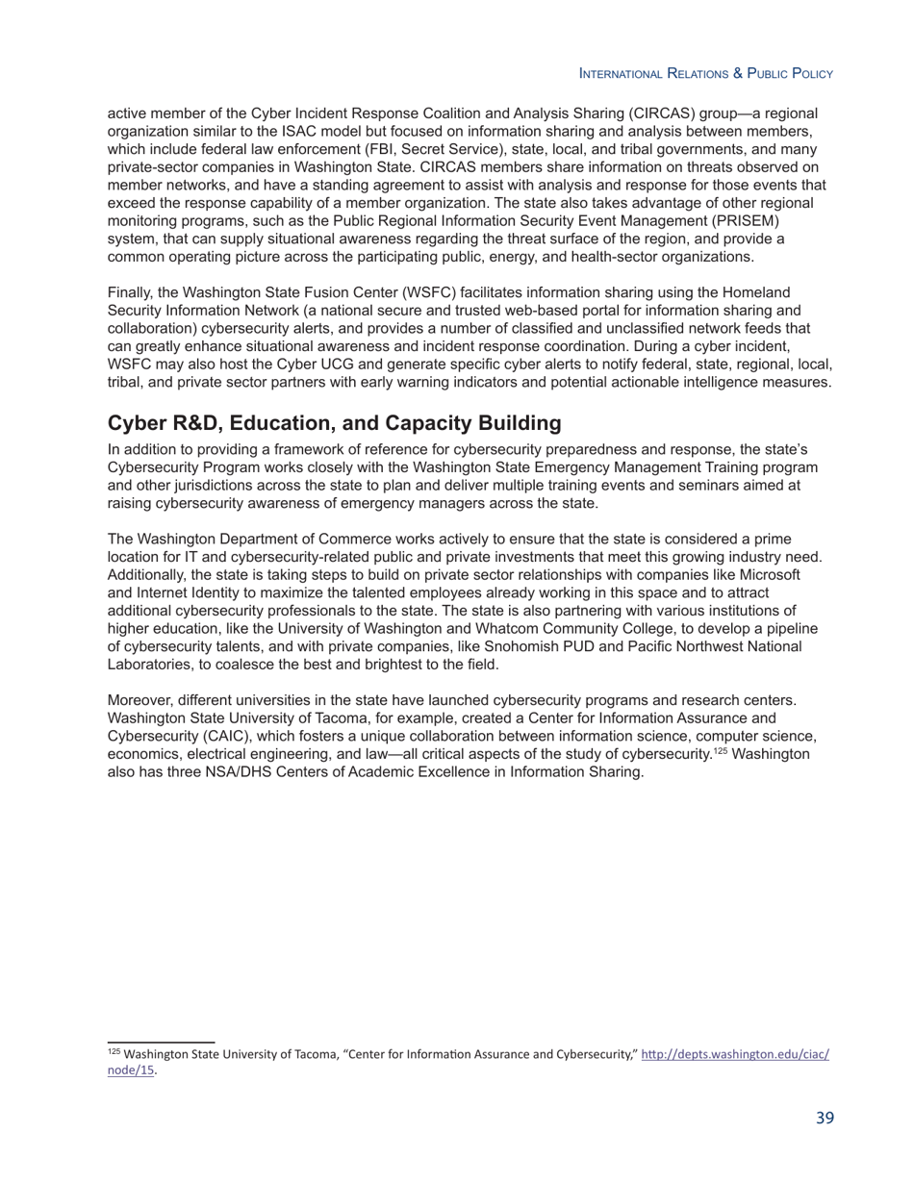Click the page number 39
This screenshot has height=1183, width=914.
point(825,1118)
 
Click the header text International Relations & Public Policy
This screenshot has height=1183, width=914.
point(705,73)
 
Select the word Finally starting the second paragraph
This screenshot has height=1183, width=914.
point(133,293)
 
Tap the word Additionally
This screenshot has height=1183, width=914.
point(147,574)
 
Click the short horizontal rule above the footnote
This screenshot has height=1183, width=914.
point(161,1041)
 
